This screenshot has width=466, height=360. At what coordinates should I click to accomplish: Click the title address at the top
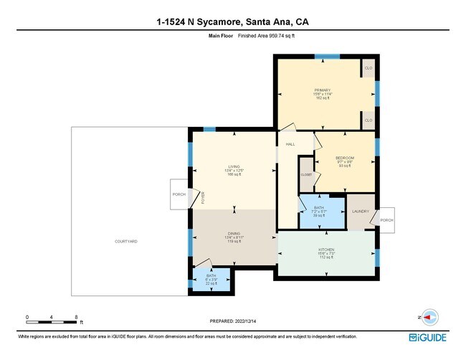coord(232,22)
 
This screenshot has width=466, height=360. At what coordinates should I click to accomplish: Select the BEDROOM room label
coord(345,158)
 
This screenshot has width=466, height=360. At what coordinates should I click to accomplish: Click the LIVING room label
coord(234,166)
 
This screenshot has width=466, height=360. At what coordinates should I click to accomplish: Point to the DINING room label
coord(234,233)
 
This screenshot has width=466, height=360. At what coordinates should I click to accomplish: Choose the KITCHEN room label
coord(326,250)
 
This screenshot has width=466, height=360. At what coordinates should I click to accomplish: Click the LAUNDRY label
coord(360,212)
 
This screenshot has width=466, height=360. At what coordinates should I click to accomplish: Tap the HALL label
coord(290,145)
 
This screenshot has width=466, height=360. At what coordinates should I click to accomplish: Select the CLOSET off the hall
coord(306,174)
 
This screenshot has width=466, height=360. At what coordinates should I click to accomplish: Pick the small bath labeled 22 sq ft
coord(211,279)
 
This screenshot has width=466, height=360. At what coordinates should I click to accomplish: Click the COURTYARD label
coord(125,242)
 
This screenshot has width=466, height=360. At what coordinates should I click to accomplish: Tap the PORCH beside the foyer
coord(179,194)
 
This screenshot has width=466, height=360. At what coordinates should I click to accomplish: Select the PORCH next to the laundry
coord(386,220)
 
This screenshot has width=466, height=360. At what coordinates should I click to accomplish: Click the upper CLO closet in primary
coord(368,68)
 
